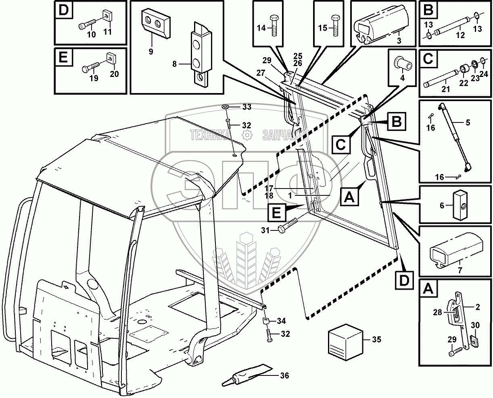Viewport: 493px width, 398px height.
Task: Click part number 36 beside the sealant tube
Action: [284, 375]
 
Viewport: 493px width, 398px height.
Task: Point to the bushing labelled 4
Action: [402, 65]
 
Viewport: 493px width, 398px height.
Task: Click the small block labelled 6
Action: [459, 206]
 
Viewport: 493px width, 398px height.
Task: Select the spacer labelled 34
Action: [266, 322]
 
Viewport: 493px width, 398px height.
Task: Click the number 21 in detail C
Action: [445, 89]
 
